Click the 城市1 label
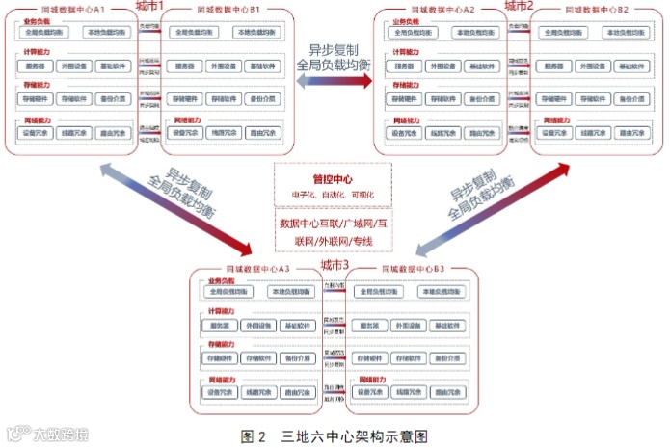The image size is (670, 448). (147, 7)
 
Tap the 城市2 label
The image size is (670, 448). (519, 7)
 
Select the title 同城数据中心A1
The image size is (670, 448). (72, 8)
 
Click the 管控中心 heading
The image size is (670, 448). (333, 178)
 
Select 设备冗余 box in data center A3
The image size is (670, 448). (221, 392)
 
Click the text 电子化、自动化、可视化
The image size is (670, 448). (333, 195)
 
